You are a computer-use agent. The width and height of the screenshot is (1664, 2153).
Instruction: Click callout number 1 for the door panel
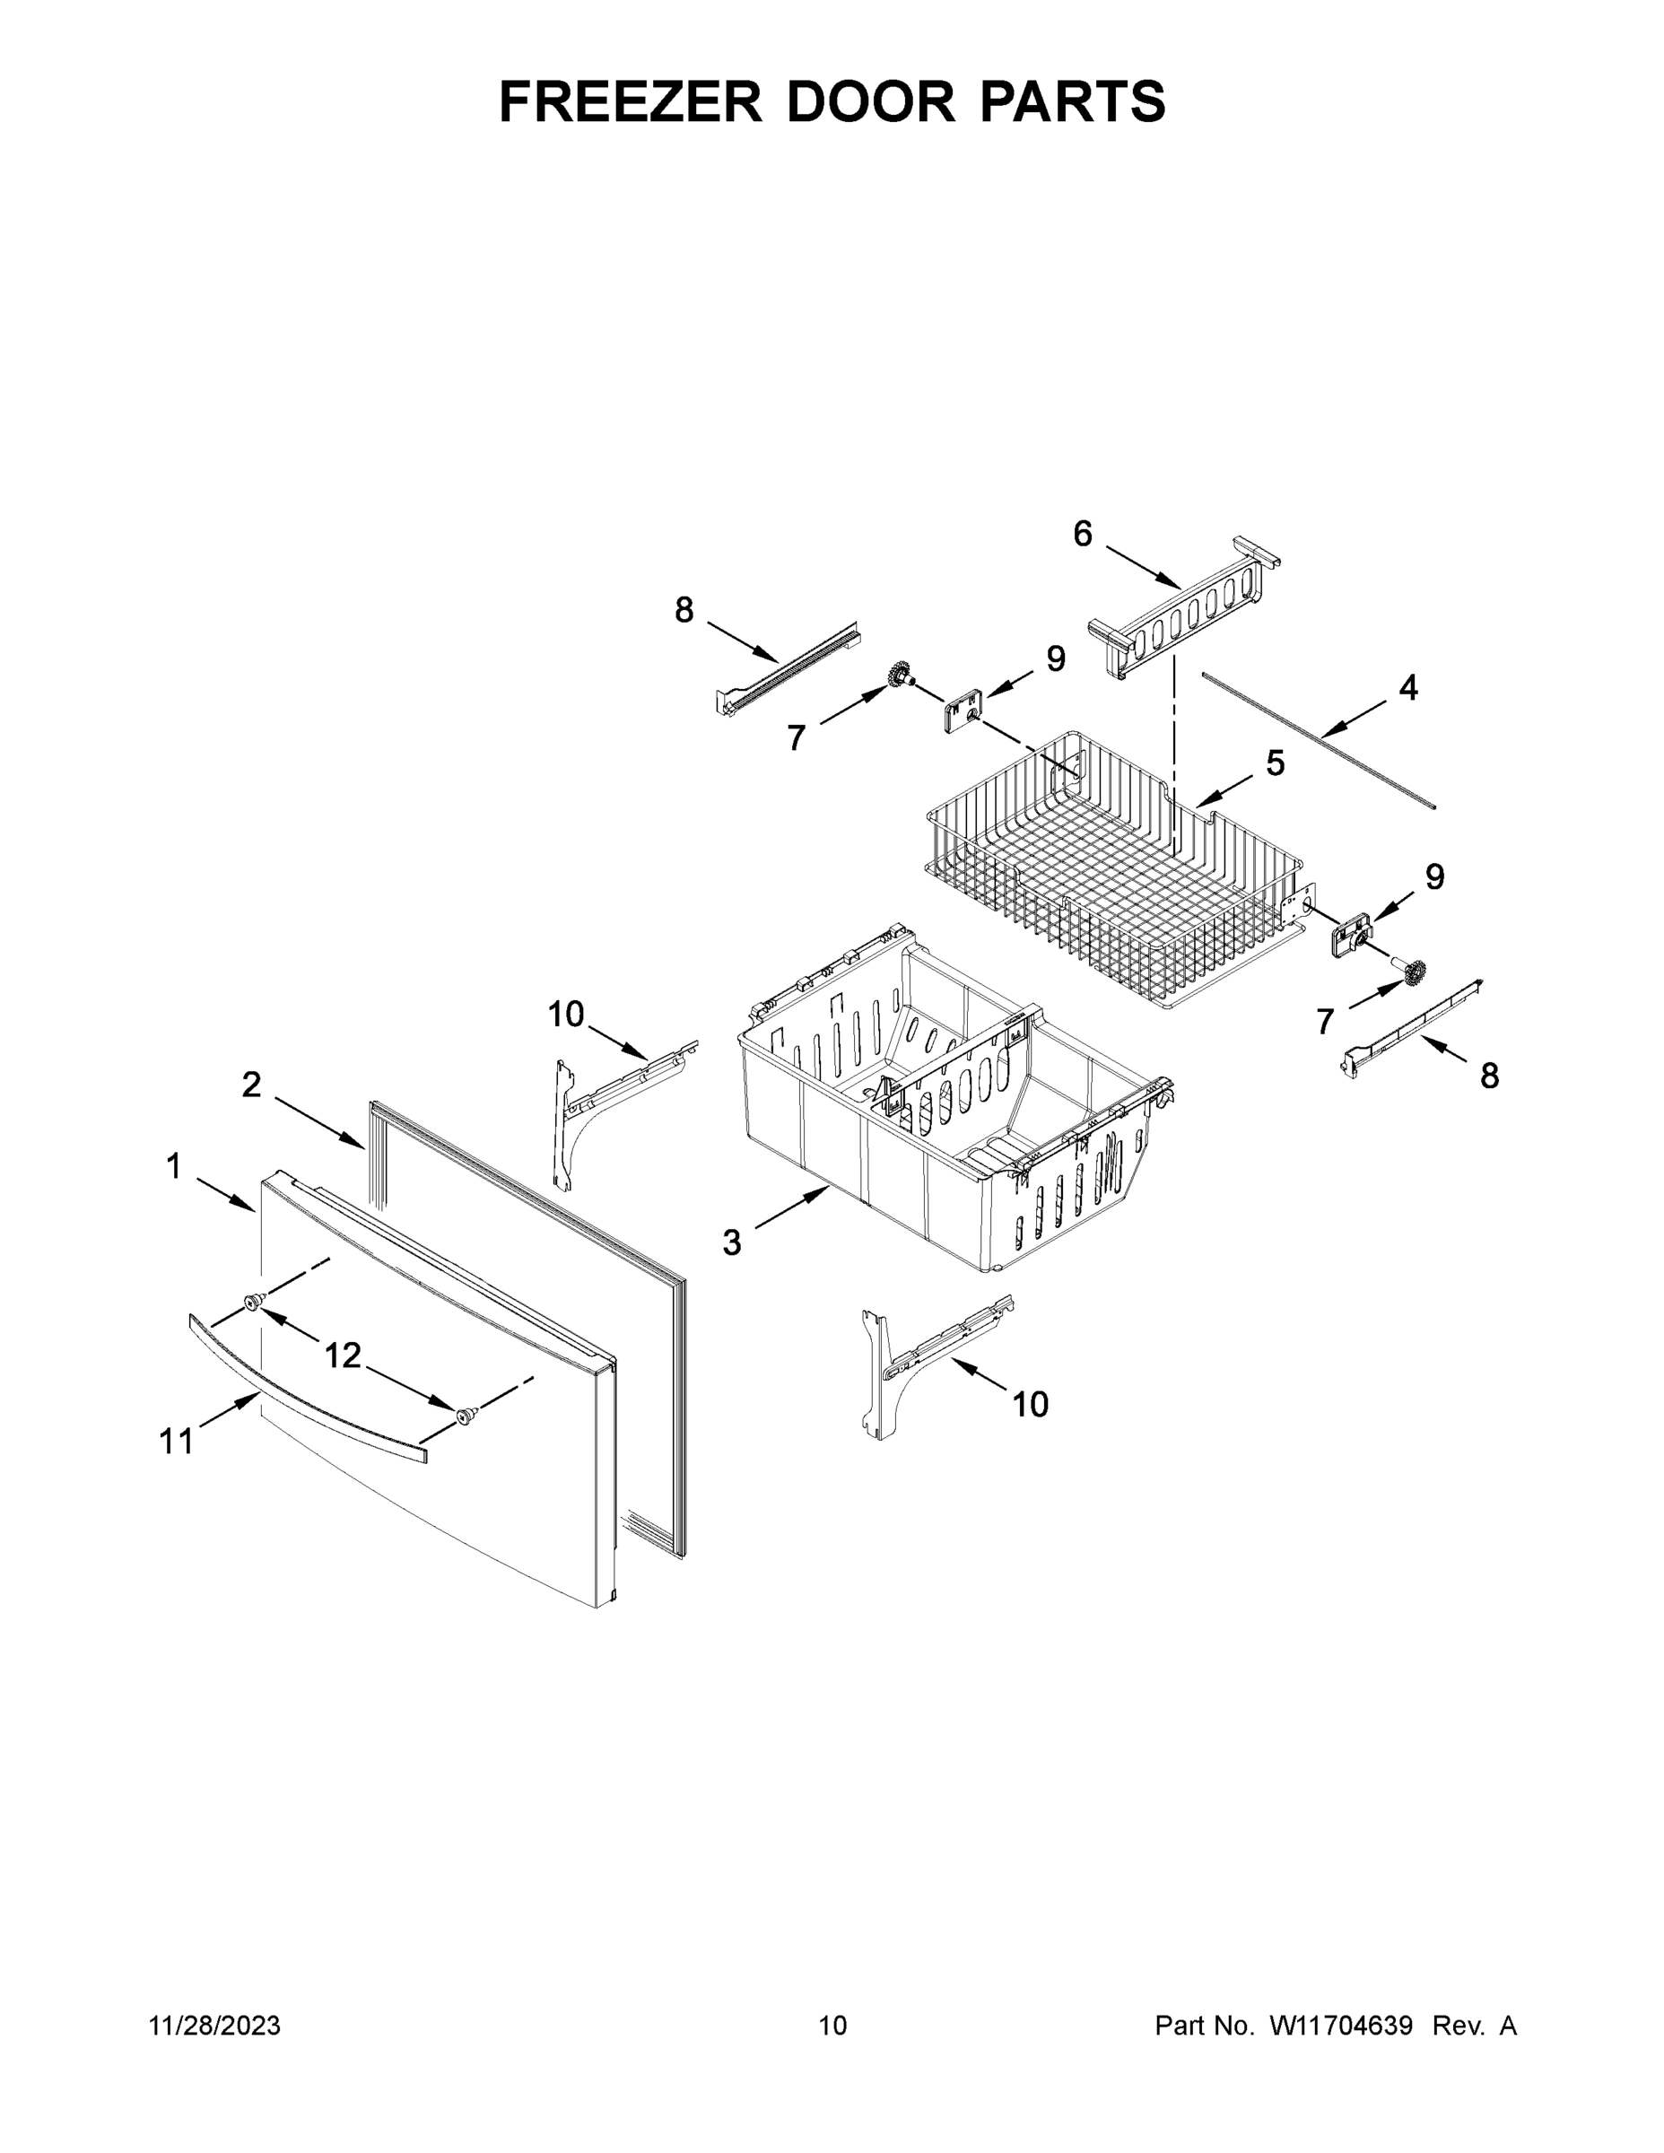[173, 1167]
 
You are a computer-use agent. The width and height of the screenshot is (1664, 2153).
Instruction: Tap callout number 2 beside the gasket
[251, 1085]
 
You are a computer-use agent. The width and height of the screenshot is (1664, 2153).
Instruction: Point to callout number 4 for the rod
[1408, 688]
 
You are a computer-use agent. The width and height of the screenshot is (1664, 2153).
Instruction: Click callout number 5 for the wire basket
[1276, 762]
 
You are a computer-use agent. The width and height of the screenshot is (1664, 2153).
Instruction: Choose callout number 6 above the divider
[1083, 535]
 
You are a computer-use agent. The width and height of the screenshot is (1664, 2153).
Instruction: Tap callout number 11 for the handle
[177, 1442]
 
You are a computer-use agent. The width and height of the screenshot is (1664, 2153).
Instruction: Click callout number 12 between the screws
[343, 1356]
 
